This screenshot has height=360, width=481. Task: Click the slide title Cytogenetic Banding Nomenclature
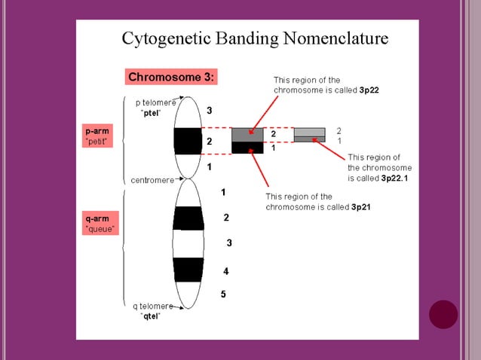pos(255,38)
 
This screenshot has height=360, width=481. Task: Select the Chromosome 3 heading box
pos(172,77)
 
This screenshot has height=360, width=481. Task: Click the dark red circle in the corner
pos(443,314)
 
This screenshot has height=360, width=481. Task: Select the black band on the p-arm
pos(188,141)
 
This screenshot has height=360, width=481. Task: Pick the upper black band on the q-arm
pos(188,218)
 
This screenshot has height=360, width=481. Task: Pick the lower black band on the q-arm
pos(188,269)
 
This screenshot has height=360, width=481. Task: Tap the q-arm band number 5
pos(223,294)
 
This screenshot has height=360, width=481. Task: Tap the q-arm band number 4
pos(226,270)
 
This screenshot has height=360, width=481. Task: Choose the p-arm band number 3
pos(210,111)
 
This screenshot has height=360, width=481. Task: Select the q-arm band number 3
pos(229,243)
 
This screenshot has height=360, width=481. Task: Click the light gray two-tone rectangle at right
pos(309,135)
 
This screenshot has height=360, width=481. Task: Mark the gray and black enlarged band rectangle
pos(247,141)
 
